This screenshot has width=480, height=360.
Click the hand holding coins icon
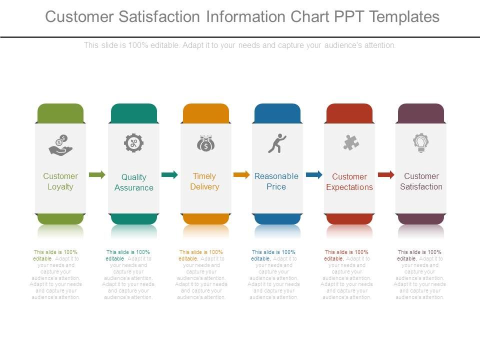click(x=60, y=144)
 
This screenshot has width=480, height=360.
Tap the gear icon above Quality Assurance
click(x=133, y=143)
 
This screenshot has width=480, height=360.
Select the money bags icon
click(x=205, y=143)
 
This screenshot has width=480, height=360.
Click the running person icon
click(x=277, y=143)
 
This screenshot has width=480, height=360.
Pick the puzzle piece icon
click(x=351, y=143)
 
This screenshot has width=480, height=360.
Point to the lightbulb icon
click(x=421, y=143)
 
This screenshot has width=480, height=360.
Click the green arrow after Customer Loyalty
click(x=97, y=174)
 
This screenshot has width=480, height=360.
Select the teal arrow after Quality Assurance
click(x=169, y=174)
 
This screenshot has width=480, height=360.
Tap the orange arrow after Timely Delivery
click(x=241, y=174)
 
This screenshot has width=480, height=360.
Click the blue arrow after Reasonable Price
click(x=314, y=174)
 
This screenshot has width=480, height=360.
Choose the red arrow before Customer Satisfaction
click(x=386, y=174)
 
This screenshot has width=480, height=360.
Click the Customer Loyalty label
click(x=60, y=181)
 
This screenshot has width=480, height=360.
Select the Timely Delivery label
click(x=204, y=181)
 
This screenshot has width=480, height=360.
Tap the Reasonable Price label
click(x=276, y=181)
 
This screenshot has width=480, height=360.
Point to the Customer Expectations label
click(x=349, y=182)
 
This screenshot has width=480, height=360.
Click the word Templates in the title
click(x=404, y=17)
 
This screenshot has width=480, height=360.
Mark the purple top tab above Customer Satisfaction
click(x=421, y=112)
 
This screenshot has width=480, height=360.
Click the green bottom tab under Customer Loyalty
click(x=60, y=219)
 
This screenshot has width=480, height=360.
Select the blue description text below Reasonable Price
click(x=274, y=274)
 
